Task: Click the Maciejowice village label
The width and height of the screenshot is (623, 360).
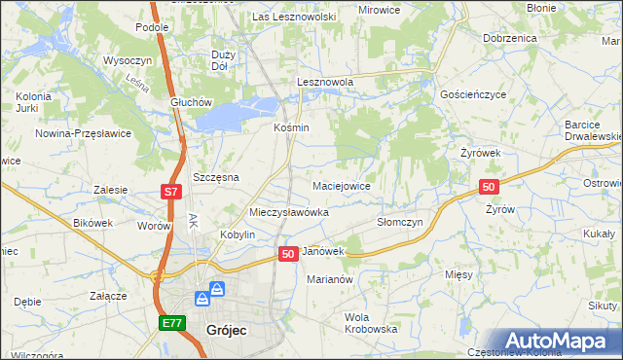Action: coord(341,185)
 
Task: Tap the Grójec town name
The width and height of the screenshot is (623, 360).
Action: coord(226,330)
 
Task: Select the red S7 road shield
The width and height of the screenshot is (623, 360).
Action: coord(170,193)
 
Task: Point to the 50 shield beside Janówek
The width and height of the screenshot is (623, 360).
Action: coord(287,254)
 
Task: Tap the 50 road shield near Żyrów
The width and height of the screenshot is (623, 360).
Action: coord(490,187)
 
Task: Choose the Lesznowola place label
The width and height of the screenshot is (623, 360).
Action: coord(324,83)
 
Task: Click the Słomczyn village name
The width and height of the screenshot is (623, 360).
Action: coord(399,222)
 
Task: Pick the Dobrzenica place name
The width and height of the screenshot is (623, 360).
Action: coord(510,37)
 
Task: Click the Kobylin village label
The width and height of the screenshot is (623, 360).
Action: coord(238,235)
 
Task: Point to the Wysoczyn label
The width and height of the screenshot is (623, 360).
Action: coord(125,59)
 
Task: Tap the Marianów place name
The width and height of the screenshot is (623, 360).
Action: coord(328,278)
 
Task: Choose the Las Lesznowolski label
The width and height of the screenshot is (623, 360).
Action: coord(294,17)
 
